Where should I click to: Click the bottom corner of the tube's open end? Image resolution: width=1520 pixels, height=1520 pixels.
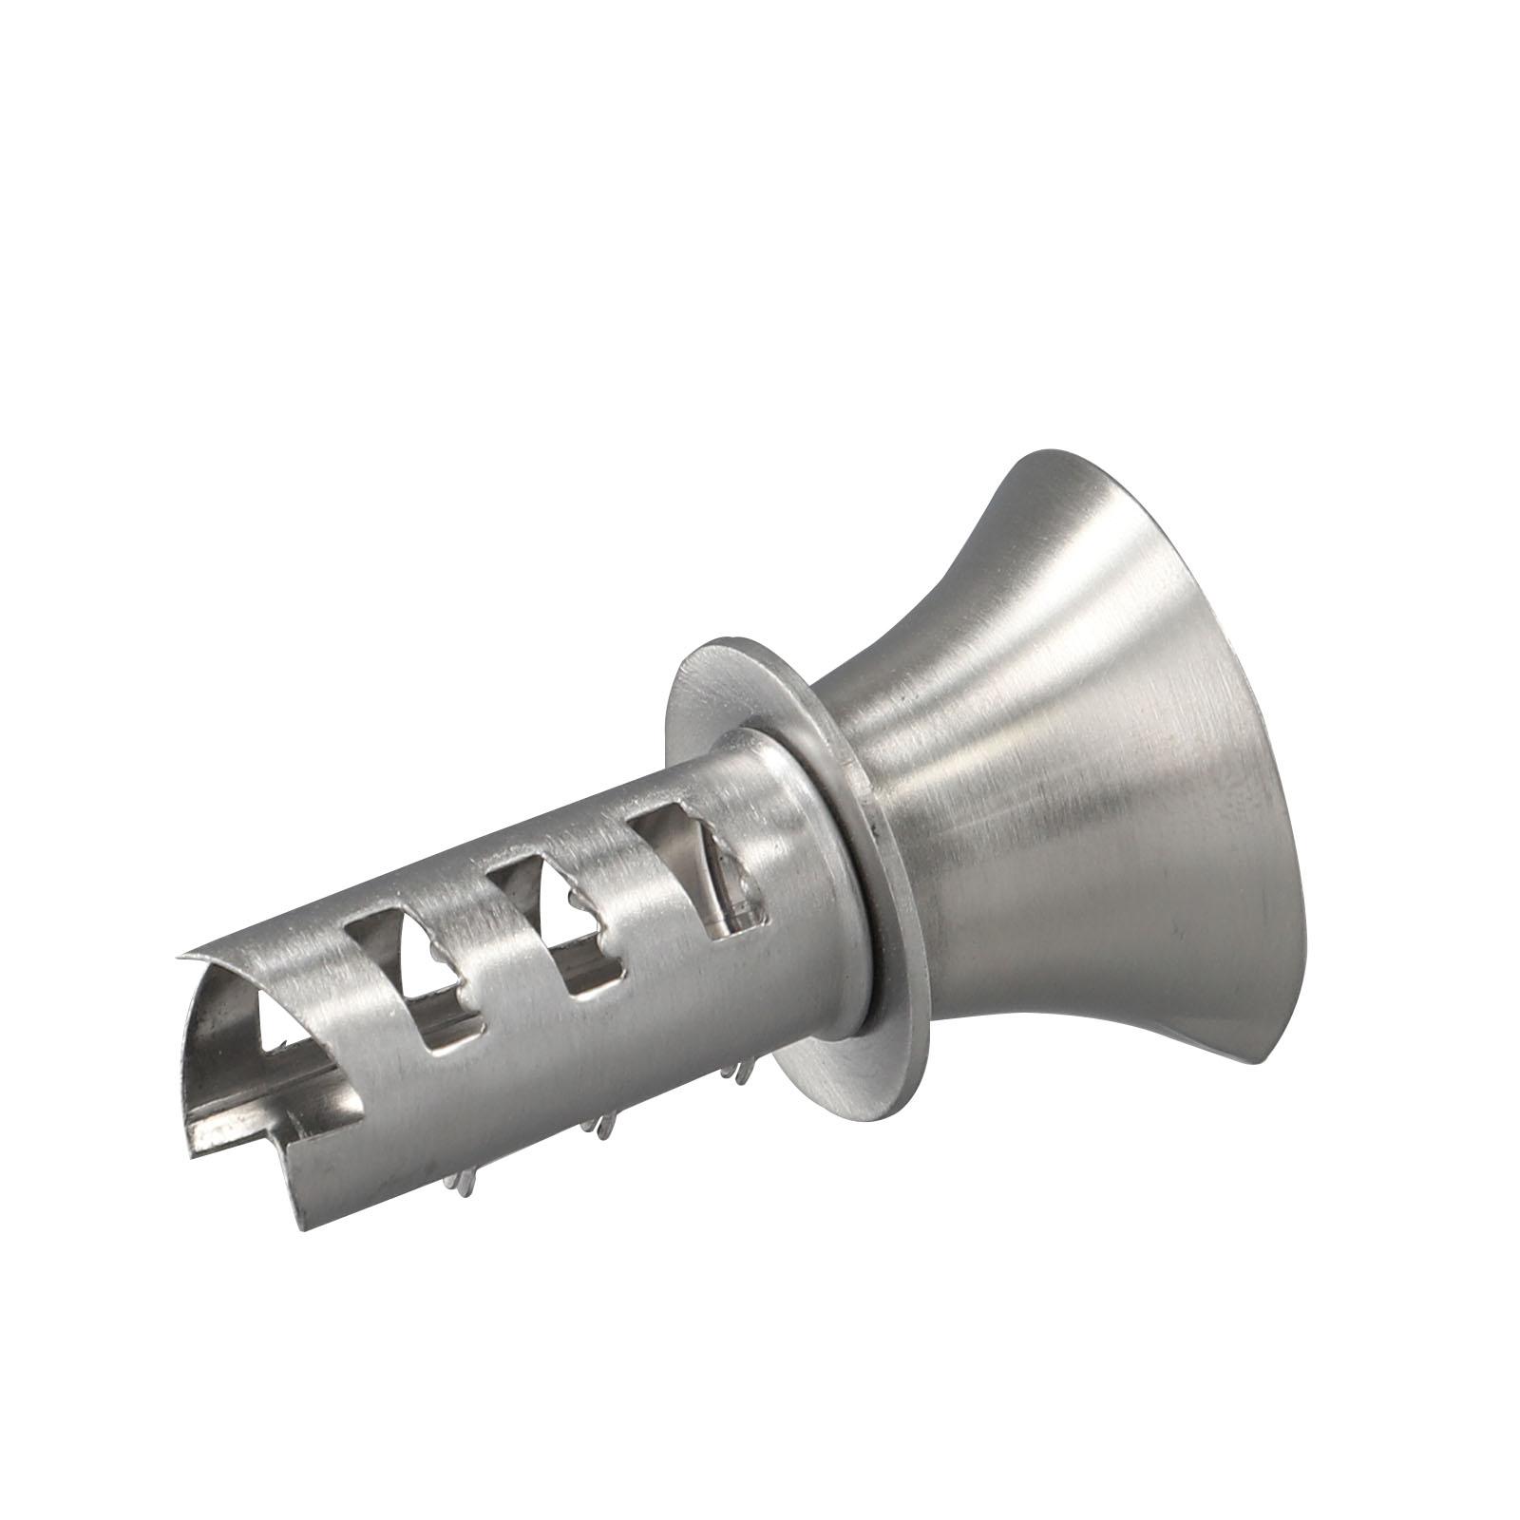pyautogui.click(x=302, y=1225)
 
